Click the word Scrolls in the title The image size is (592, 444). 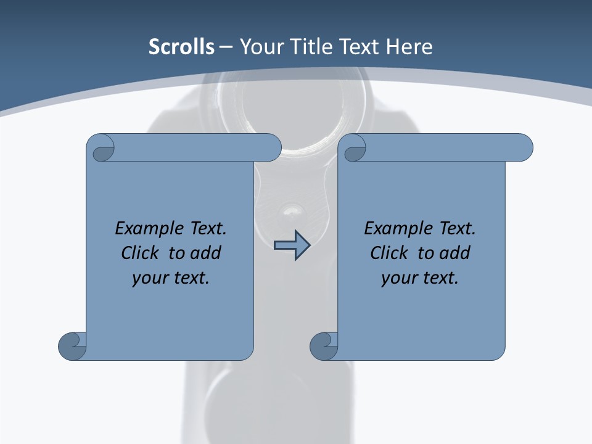tap(182, 47)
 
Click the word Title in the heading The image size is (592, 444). tap(315, 47)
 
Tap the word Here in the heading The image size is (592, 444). tap(409, 47)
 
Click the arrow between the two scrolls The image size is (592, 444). tap(292, 245)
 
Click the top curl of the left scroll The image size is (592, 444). tap(102, 149)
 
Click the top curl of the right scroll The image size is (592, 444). tap(354, 149)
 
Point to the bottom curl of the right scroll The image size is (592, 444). tap(324, 346)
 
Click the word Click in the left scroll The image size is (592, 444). tap(139, 253)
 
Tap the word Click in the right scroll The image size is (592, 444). tap(388, 253)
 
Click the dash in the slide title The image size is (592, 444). tap(226, 47)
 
